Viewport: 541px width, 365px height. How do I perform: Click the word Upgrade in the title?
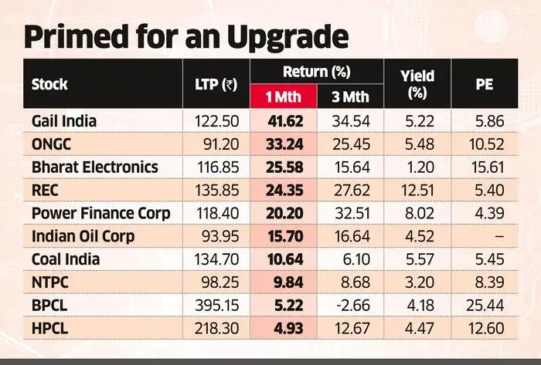tap(287, 37)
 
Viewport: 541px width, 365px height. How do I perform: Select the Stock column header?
tap(49, 84)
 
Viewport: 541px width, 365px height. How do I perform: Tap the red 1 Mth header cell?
tap(284, 96)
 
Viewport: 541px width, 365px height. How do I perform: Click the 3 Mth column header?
tap(350, 96)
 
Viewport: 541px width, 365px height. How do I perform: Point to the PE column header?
tap(485, 84)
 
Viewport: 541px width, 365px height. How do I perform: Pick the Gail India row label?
tap(64, 121)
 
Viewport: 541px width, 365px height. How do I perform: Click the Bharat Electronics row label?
tap(95, 167)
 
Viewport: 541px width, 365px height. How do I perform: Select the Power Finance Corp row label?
tap(100, 213)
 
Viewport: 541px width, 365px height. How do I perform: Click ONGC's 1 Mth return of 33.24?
tap(284, 144)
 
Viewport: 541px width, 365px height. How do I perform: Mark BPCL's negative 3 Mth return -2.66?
tap(352, 306)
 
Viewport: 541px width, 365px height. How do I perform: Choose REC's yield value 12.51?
tap(417, 191)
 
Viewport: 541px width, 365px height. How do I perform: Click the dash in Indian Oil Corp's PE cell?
tap(499, 236)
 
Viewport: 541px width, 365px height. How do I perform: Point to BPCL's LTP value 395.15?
tap(217, 306)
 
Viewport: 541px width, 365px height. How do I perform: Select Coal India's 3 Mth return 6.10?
tap(356, 259)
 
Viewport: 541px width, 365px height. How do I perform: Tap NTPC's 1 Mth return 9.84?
tap(288, 282)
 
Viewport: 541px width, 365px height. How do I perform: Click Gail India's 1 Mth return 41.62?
tap(285, 121)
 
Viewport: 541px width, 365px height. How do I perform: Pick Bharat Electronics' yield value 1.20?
tap(420, 167)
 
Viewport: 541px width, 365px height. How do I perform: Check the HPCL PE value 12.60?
tap(486, 328)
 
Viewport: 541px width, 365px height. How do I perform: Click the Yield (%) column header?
tap(417, 84)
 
